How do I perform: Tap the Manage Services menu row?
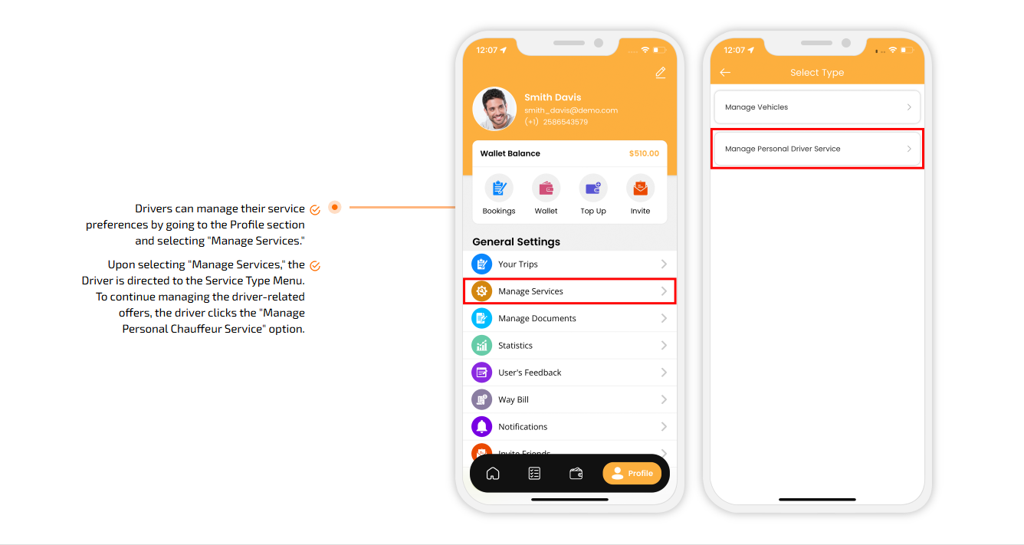[x=569, y=291]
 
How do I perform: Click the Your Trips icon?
[x=481, y=264]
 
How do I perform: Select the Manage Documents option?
[x=569, y=318]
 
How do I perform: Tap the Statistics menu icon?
[x=481, y=346]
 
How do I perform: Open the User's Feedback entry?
[x=569, y=373]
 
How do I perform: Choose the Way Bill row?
[x=569, y=399]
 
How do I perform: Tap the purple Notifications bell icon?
[x=481, y=427]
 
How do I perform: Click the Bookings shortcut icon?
[x=499, y=188]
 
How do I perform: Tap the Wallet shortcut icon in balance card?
[x=546, y=188]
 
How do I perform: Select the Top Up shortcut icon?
[x=593, y=188]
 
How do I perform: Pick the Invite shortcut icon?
[x=641, y=188]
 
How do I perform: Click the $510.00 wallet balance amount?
[x=644, y=153]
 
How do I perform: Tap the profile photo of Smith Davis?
[x=494, y=109]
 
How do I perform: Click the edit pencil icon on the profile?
[x=660, y=73]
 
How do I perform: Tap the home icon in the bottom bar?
[x=493, y=474]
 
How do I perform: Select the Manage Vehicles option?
[x=817, y=107]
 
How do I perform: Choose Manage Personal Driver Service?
[x=817, y=149]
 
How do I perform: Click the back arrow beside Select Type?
[x=725, y=72]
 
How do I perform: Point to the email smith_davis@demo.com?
[x=570, y=110]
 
